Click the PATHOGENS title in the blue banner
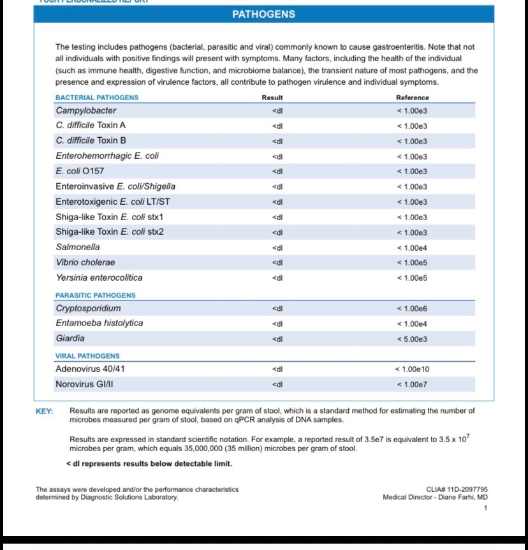(x=263, y=14)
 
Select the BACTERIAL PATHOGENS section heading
(x=97, y=98)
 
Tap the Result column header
(x=272, y=98)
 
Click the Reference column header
(x=413, y=98)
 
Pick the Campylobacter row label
(x=86, y=110)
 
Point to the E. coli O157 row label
(x=80, y=171)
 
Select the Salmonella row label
(x=78, y=247)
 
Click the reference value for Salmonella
(x=412, y=248)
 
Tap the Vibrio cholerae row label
(x=85, y=262)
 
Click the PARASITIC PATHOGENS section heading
(x=96, y=295)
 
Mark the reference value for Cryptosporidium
(x=412, y=309)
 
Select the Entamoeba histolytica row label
(x=99, y=323)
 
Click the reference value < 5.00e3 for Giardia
(x=412, y=339)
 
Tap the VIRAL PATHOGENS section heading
(x=87, y=356)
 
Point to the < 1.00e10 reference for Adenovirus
(x=412, y=369)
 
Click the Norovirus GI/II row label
(x=85, y=384)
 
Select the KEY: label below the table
(x=44, y=412)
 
